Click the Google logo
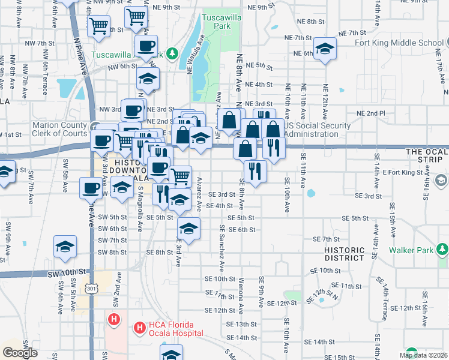click(x=20, y=353)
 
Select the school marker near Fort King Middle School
click(x=325, y=49)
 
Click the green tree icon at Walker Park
click(x=442, y=248)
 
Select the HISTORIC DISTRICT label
click(x=344, y=254)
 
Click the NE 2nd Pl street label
click(x=370, y=113)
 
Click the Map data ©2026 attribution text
click(x=423, y=355)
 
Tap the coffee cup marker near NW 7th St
click(x=146, y=46)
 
